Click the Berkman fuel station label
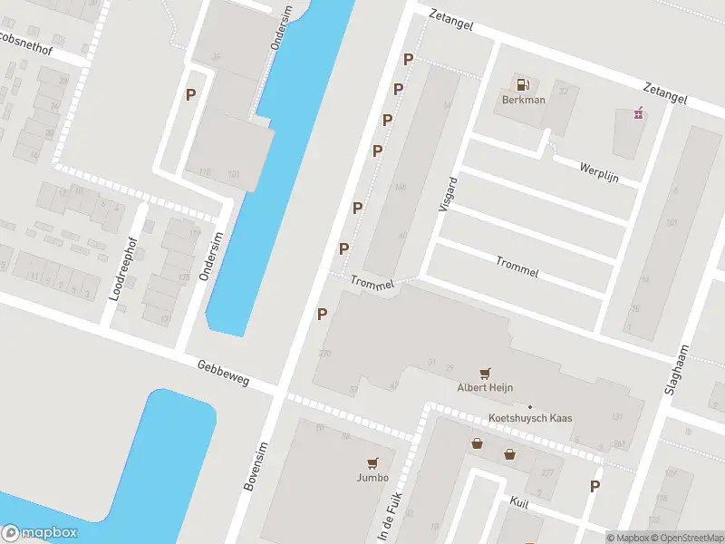coord(524,100)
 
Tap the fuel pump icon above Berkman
coord(523,84)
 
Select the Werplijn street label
coord(598,171)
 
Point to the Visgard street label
coord(446,194)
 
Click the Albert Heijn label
coord(485,387)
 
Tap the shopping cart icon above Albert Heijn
coord(486,372)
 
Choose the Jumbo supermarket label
coord(372,478)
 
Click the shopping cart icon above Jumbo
coord(372,462)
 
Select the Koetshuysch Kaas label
coord(530,417)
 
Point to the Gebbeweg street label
coord(223,372)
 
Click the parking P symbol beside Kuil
coord(594,486)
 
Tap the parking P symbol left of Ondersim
coord(191,94)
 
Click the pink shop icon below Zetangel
coord(639,113)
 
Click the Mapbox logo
coord(40,533)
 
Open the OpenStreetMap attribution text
coord(686,538)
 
